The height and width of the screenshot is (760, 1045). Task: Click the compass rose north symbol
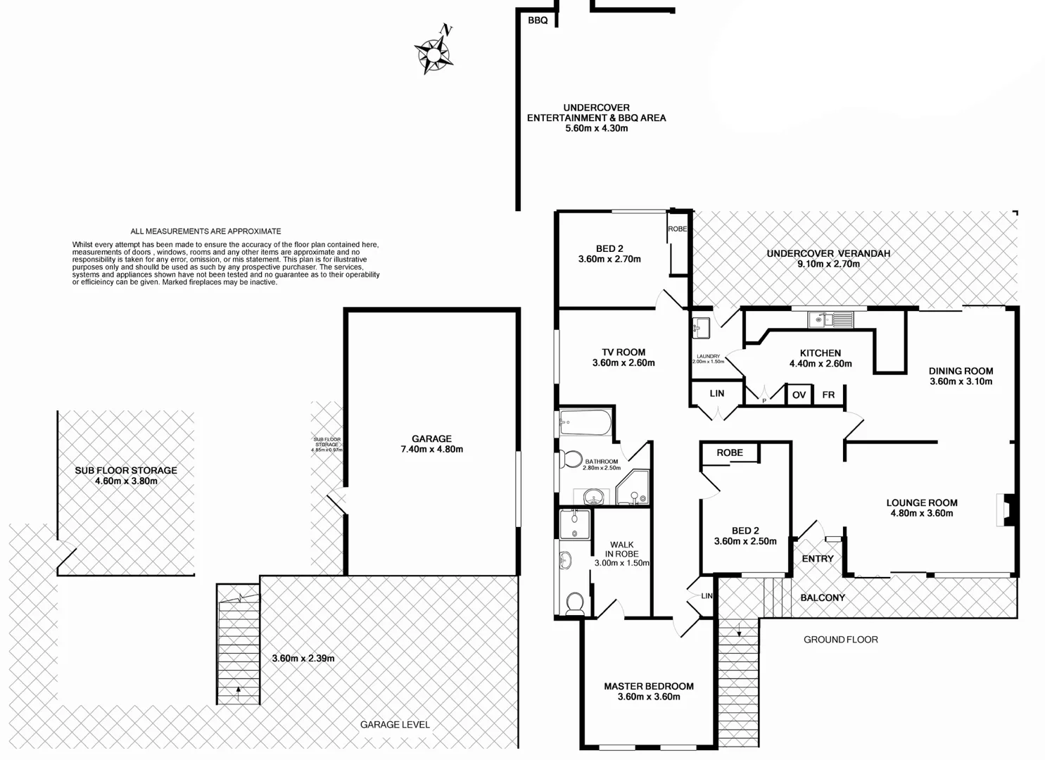(433, 52)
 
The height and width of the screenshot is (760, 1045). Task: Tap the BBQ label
(538, 20)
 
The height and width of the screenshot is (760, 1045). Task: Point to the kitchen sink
(830, 320)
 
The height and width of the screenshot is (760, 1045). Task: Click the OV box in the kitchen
(799, 395)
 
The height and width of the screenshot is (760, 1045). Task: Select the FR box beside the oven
(828, 395)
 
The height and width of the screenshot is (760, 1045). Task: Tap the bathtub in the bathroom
(585, 424)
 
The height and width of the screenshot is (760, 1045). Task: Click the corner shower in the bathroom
(634, 489)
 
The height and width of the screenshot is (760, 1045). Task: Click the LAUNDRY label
(708, 356)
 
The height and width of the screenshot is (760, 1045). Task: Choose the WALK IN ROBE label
(621, 549)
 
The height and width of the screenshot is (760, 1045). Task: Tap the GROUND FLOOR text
(841, 640)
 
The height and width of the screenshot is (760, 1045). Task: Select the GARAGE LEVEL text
(395, 724)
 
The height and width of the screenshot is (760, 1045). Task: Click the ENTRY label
(818, 559)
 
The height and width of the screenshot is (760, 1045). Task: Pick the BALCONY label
(823, 597)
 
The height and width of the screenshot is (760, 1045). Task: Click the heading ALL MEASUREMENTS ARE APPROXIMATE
(205, 231)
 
